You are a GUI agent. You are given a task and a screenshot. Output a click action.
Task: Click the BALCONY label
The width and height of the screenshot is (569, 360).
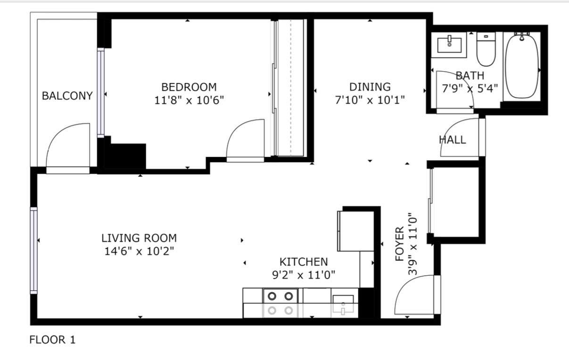coord(67,96)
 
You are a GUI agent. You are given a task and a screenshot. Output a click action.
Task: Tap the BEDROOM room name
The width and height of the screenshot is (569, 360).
coord(189,87)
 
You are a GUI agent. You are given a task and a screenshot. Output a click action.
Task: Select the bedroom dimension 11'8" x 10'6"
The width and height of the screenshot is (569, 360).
coord(189,100)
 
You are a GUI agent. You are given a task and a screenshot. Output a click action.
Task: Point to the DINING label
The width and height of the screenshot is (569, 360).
coord(370,87)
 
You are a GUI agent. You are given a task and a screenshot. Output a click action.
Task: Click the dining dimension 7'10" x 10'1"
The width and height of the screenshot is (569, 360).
coord(370,100)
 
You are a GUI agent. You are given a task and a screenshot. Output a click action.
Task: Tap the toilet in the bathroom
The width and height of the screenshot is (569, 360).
coord(486,49)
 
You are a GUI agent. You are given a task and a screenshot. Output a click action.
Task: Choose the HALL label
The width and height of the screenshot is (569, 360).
coord(452,140)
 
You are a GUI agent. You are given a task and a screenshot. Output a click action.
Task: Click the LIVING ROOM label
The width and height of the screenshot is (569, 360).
coord(139,238)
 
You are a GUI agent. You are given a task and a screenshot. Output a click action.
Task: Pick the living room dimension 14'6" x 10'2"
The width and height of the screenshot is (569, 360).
coord(139,251)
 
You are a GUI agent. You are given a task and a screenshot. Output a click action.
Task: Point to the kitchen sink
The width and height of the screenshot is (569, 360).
coord(343,304)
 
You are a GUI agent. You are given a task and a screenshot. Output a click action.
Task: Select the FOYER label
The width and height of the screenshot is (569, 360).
coord(400,244)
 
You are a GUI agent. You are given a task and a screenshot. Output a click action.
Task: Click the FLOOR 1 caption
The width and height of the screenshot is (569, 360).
coord(52,340)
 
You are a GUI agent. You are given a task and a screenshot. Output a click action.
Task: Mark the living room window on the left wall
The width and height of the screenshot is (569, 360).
coord(33,250)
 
